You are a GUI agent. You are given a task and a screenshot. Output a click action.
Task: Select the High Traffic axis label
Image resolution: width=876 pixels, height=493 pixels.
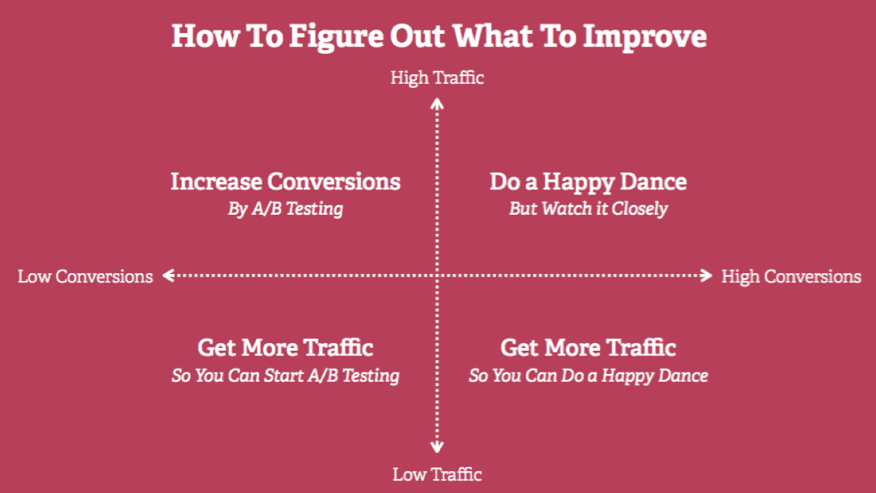pos(437,77)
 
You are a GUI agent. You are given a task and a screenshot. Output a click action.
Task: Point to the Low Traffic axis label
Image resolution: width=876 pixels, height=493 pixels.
pos(437,474)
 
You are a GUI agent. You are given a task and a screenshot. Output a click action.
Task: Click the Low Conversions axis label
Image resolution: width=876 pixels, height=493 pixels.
pos(85,276)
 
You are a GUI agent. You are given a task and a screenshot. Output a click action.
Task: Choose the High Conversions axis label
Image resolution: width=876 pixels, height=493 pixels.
pos(791,276)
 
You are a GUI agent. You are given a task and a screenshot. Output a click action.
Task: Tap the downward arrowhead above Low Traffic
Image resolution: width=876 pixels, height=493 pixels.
pos(437,448)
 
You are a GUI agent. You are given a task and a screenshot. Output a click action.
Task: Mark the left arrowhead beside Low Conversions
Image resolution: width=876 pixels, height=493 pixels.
pos(168,276)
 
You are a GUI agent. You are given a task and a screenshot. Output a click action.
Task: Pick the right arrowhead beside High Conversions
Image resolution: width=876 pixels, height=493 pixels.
pos(707,276)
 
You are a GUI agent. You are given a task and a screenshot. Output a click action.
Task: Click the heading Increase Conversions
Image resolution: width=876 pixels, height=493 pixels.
pos(285,182)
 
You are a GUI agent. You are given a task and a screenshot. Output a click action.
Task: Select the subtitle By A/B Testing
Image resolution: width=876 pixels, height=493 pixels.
pos(285,209)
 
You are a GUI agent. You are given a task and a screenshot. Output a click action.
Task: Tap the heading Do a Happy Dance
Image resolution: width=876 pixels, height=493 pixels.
pos(588,182)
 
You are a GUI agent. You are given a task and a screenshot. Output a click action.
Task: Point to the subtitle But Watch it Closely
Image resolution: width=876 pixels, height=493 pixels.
pos(588,209)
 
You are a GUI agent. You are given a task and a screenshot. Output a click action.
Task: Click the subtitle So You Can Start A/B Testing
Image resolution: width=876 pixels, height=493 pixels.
pos(285,375)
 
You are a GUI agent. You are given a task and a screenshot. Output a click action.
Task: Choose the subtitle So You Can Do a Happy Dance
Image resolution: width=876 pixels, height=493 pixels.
pos(588,375)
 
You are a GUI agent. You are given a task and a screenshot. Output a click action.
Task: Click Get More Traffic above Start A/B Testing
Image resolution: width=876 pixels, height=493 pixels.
pos(285,348)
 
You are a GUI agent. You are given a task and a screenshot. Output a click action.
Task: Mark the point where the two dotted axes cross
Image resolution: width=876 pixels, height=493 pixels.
pos(437,276)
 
